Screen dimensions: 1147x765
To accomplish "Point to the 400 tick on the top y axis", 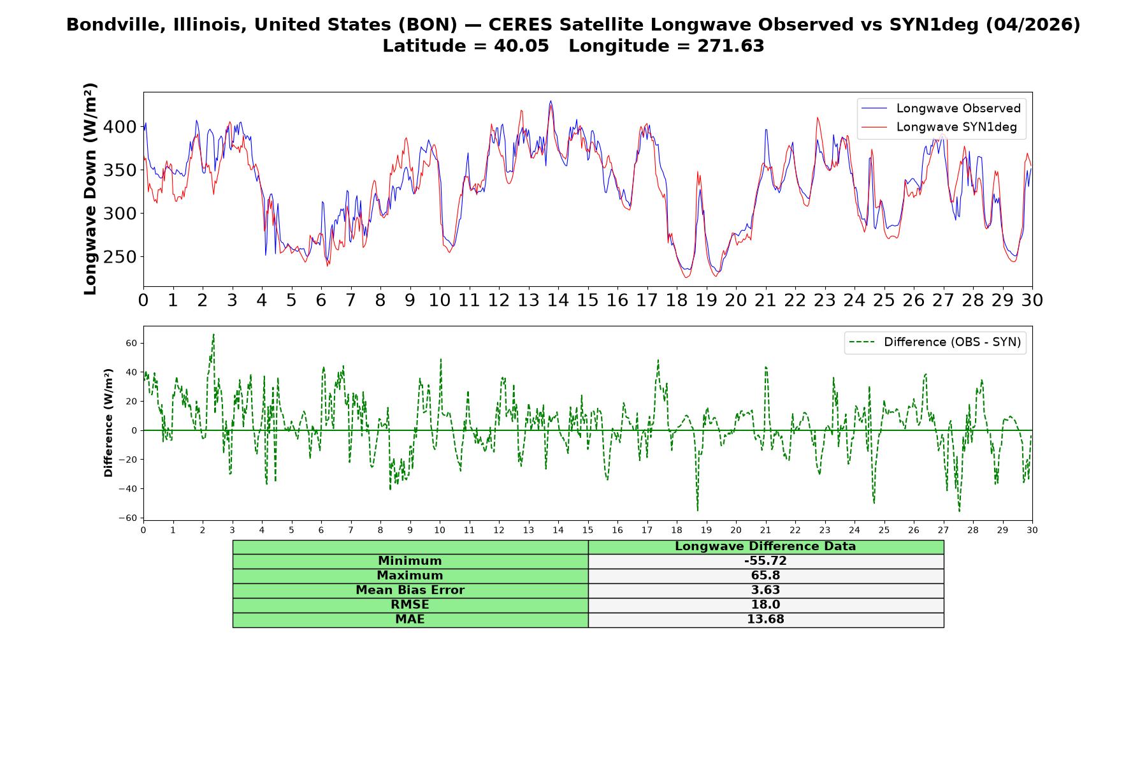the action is (120, 127).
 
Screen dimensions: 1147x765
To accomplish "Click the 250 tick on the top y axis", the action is (120, 257).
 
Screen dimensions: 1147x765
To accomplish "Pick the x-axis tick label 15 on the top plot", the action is (588, 300).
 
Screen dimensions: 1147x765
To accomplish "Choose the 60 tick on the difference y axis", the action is (131, 343).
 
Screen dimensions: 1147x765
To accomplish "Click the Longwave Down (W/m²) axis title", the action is (90, 189).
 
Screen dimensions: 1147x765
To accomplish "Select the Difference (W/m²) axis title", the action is (108, 423).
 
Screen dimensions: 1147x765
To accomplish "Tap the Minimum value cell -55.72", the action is (765, 561).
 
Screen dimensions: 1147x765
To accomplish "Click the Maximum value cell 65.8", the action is (765, 576).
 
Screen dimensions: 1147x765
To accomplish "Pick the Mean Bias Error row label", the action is (410, 590).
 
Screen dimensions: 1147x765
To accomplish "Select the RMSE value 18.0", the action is (765, 605).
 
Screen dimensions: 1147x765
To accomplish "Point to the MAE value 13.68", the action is (765, 620).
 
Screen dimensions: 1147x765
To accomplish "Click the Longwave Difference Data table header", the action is (765, 546).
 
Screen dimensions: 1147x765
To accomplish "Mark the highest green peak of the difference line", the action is (213, 334).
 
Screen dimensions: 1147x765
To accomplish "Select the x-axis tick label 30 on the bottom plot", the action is (1032, 530).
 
